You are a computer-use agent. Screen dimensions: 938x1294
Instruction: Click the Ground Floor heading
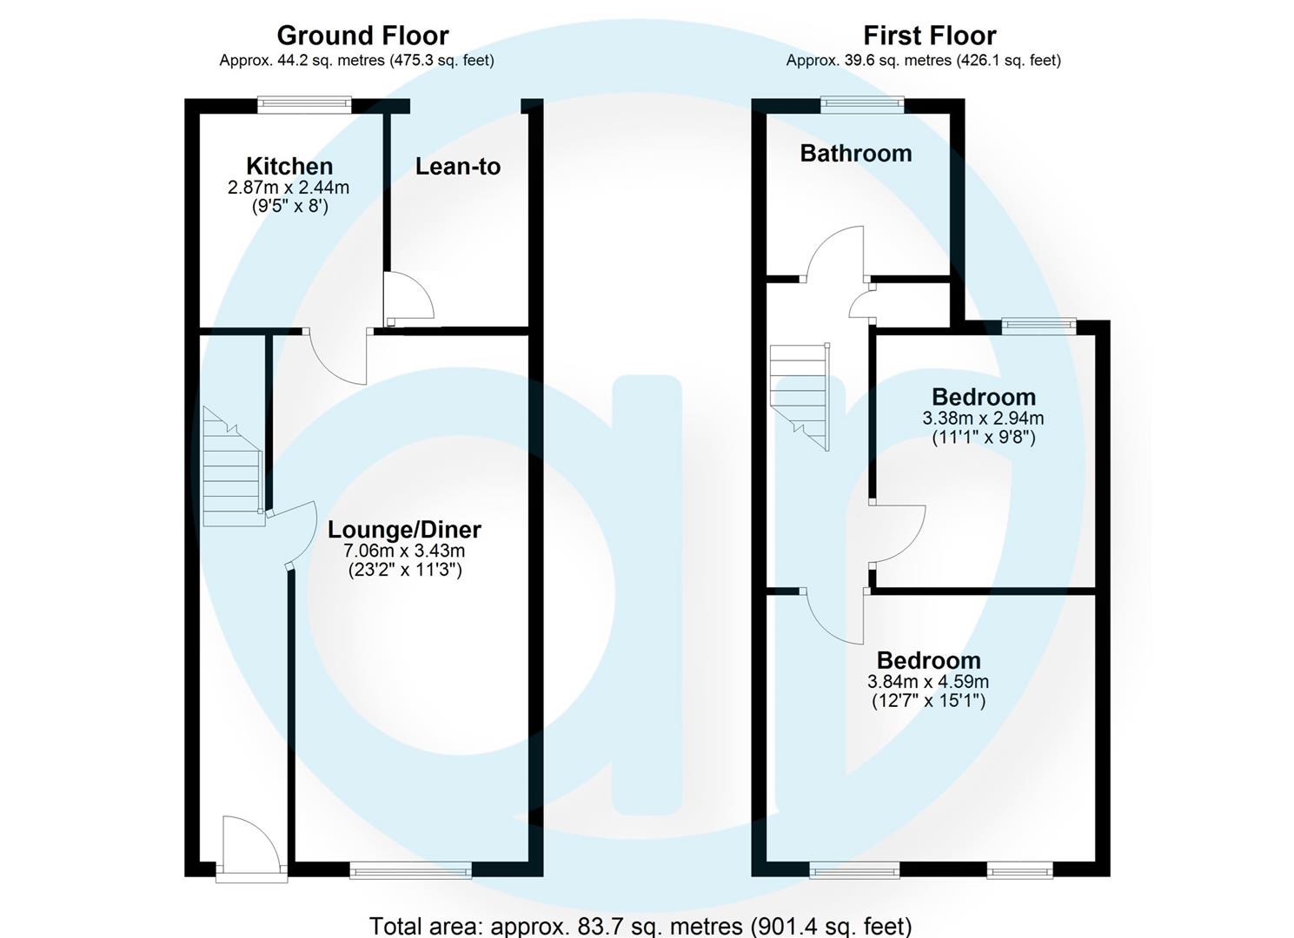(x=362, y=36)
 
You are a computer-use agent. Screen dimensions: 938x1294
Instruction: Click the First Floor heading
(x=929, y=36)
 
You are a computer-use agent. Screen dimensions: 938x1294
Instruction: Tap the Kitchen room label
(x=289, y=166)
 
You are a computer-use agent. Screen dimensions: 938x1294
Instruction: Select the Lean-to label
(x=458, y=166)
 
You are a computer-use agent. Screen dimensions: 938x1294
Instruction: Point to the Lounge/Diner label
(x=403, y=529)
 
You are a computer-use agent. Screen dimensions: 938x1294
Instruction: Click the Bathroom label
(x=855, y=154)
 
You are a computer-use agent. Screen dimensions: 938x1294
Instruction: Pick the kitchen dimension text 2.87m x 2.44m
(x=289, y=187)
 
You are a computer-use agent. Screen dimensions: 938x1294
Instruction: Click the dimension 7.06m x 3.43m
(x=403, y=551)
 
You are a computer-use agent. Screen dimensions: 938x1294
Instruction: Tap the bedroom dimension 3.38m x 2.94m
(x=983, y=418)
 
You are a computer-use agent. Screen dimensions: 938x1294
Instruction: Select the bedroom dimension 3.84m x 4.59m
(x=928, y=682)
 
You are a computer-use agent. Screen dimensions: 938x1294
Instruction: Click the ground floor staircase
(x=232, y=470)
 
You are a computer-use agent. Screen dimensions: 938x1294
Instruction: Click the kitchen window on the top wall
(x=304, y=105)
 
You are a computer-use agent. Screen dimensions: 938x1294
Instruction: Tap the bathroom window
(x=863, y=105)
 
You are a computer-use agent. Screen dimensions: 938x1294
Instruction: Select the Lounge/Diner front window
(x=410, y=869)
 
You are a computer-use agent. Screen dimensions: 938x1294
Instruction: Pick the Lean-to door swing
(x=408, y=297)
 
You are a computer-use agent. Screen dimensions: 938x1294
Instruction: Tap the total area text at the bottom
(x=640, y=926)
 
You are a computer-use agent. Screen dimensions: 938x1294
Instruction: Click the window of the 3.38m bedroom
(x=1039, y=326)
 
